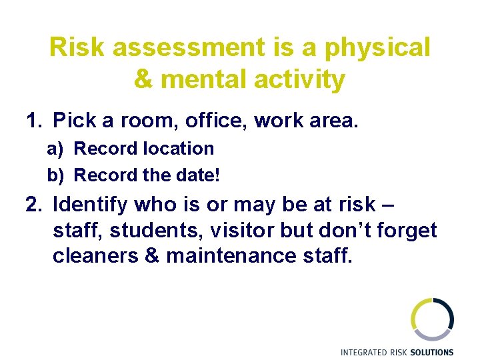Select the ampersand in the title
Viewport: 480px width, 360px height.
(143, 80)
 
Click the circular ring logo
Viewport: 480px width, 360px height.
(432, 319)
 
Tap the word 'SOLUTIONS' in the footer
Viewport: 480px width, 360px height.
(431, 352)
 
